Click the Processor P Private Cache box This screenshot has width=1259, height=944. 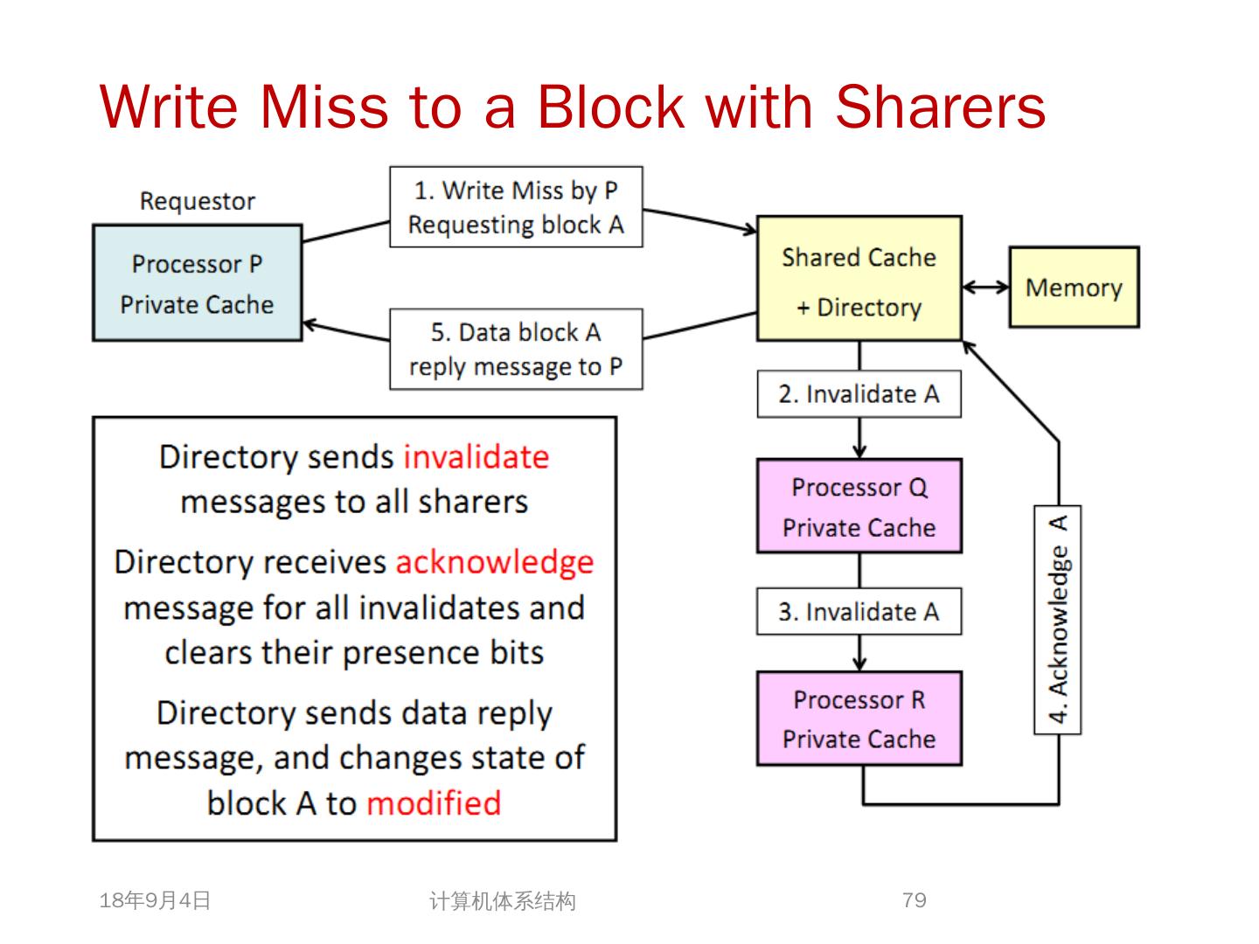pyautogui.click(x=197, y=283)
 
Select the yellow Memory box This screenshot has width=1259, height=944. pyautogui.click(x=1074, y=288)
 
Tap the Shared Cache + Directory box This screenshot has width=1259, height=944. pyautogui.click(x=859, y=279)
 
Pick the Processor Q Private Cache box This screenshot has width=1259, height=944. pyautogui.click(x=859, y=506)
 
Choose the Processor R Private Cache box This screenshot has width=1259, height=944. pyautogui.click(x=859, y=718)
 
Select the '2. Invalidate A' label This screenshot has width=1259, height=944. pyautogui.click(x=859, y=394)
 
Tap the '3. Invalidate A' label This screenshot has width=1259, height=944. pyautogui.click(x=859, y=611)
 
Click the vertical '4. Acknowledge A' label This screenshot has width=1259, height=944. pyautogui.click(x=1058, y=620)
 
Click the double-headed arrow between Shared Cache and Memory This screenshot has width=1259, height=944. pyautogui.click(x=985, y=287)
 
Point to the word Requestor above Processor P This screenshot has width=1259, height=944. pyautogui.click(x=198, y=201)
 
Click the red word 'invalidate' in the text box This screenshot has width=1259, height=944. pyautogui.click(x=476, y=457)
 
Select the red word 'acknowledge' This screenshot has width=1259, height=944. pyautogui.click(x=494, y=562)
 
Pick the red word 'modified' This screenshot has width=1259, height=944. pyautogui.click(x=434, y=802)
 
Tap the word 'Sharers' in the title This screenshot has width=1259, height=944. pyautogui.click(x=940, y=107)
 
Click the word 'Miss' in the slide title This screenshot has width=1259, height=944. pyautogui.click(x=323, y=107)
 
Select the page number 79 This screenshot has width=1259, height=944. pyautogui.click(x=915, y=899)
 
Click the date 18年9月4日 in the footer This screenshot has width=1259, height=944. pyautogui.click(x=156, y=900)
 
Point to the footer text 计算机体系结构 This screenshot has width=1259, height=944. pyautogui.click(x=503, y=901)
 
